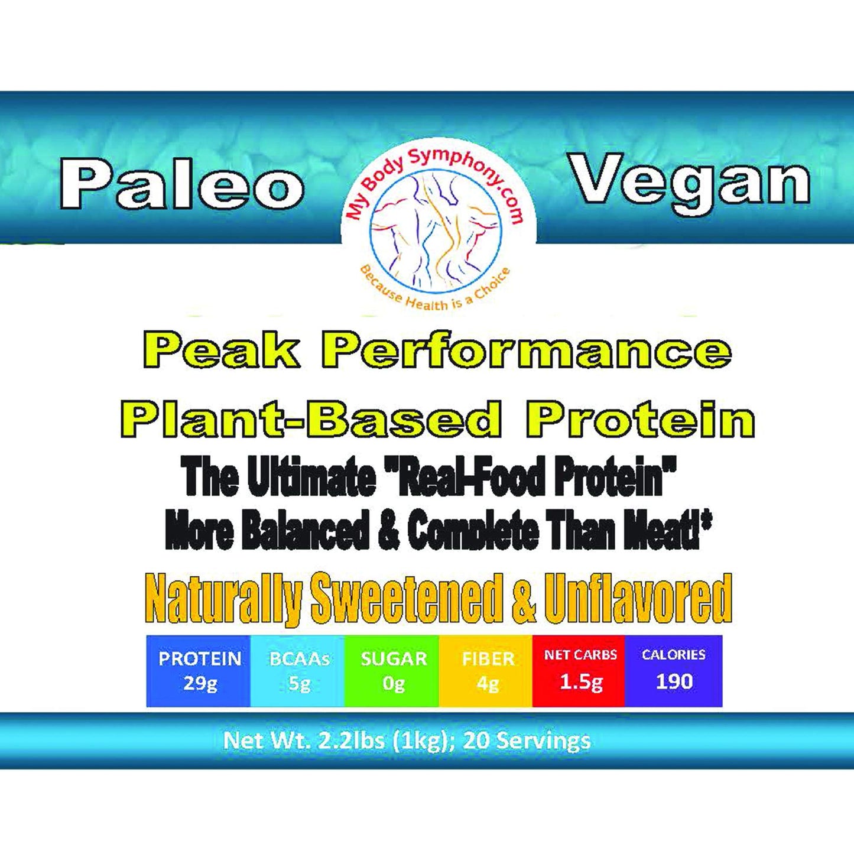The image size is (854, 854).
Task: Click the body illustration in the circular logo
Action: (x=436, y=228)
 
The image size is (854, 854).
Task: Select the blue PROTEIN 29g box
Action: (x=199, y=671)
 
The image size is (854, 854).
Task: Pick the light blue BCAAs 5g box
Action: (x=298, y=671)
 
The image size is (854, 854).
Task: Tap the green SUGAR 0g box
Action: (x=392, y=671)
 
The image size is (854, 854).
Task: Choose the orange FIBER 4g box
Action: (x=487, y=671)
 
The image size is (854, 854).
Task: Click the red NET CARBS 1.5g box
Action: (x=580, y=671)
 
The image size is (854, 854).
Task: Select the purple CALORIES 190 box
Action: (x=674, y=671)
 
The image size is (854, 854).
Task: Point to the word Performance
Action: (x=526, y=351)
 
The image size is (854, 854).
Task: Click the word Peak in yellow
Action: (x=221, y=351)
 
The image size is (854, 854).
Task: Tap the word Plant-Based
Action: (x=311, y=420)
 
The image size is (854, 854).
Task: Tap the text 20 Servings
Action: (x=527, y=740)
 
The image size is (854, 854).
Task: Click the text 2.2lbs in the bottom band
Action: (x=352, y=740)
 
